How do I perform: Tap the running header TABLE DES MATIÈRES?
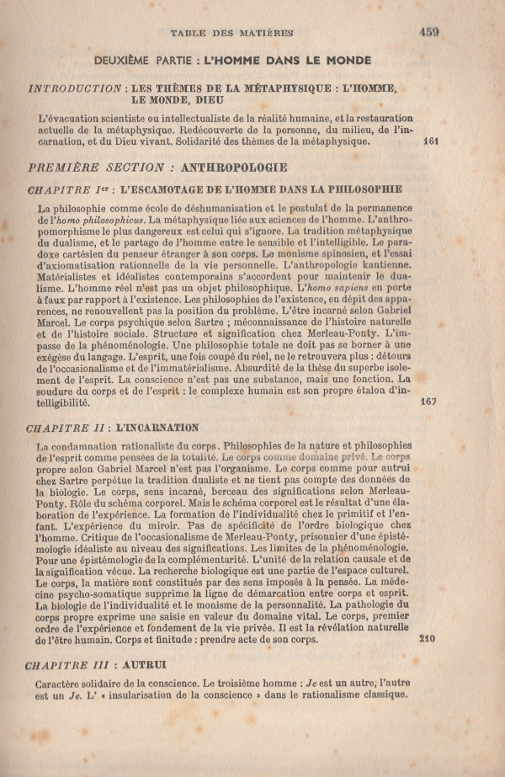tap(231, 34)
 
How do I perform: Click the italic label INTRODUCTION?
tap(75, 88)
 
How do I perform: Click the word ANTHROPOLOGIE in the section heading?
tap(233, 167)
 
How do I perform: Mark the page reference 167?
tap(428, 402)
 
